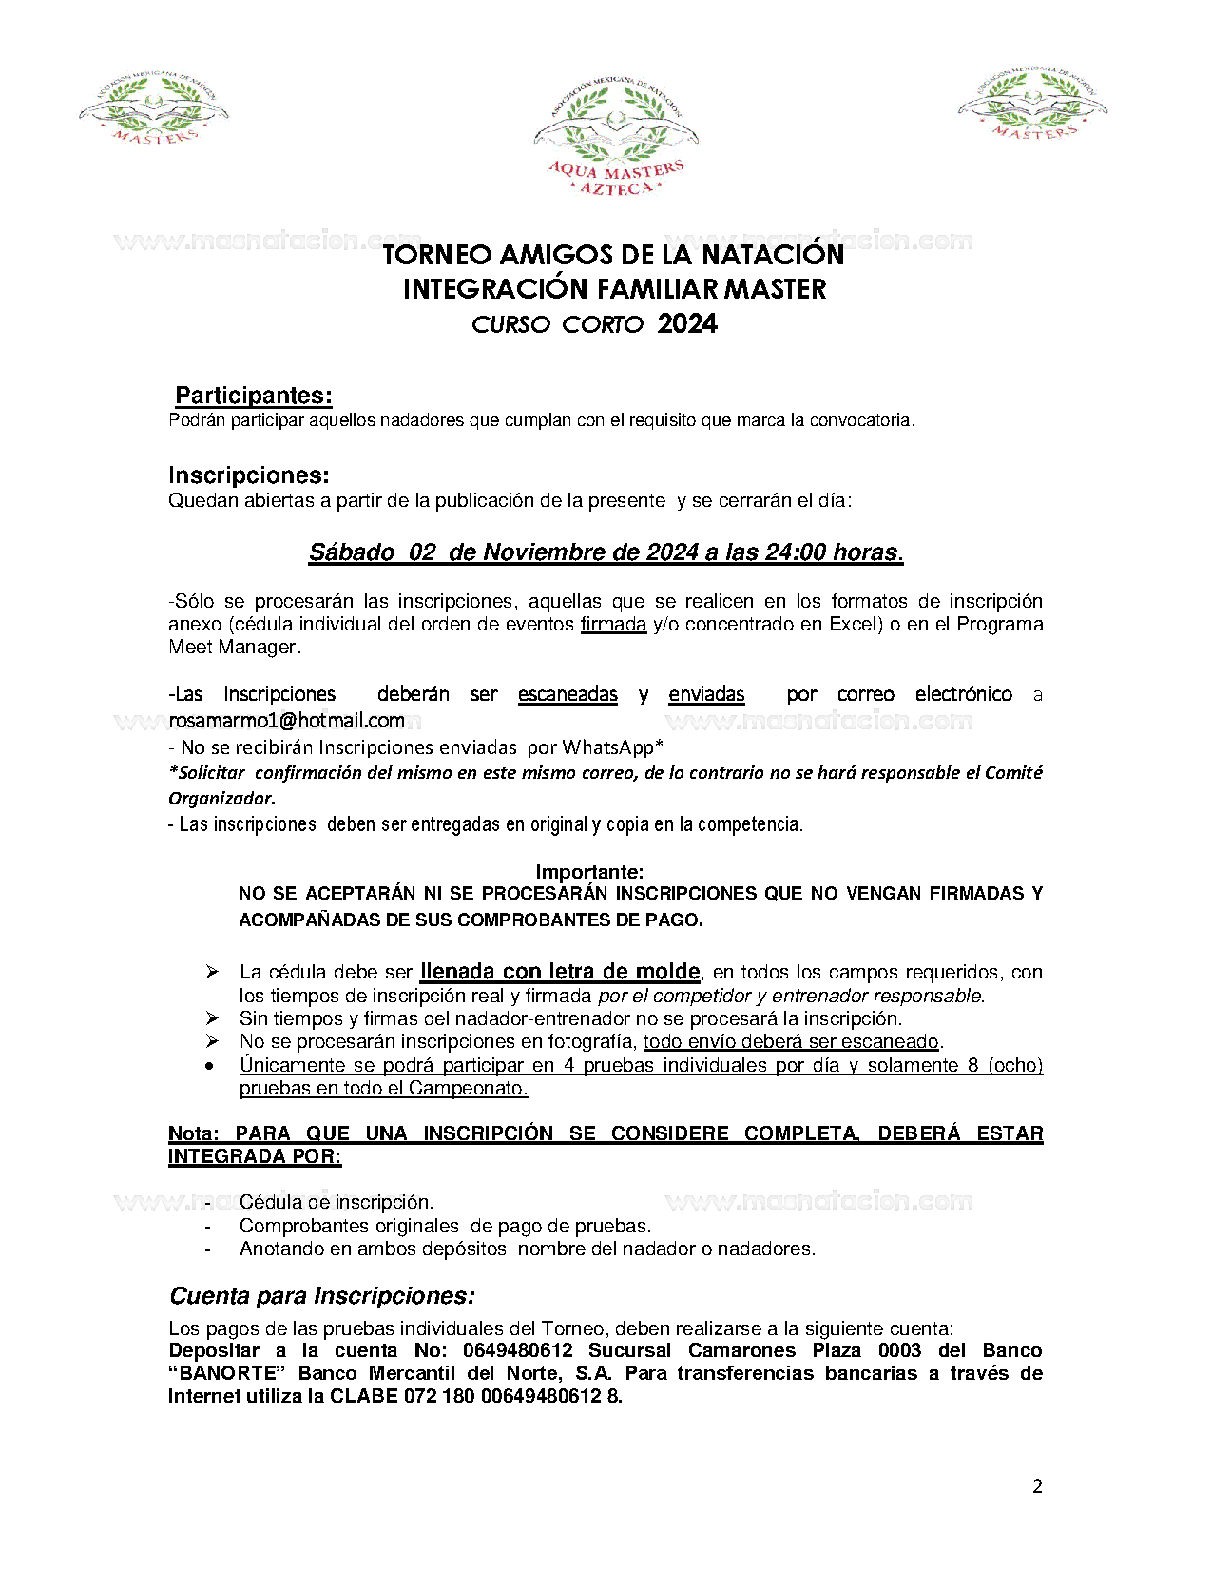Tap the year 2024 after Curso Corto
[687, 324]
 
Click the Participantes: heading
[254, 396]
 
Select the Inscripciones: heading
[249, 475]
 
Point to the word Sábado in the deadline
[352, 552]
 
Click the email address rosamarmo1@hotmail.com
[287, 721]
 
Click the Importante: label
[589, 872]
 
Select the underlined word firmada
[613, 625]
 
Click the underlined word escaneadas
[568, 694]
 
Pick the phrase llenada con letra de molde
[560, 972]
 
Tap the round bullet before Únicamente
[210, 1066]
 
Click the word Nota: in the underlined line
[193, 1133]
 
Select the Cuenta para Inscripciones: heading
[322, 1296]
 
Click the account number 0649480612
[517, 1351]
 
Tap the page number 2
[1037, 1487]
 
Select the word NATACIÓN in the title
[772, 255]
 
